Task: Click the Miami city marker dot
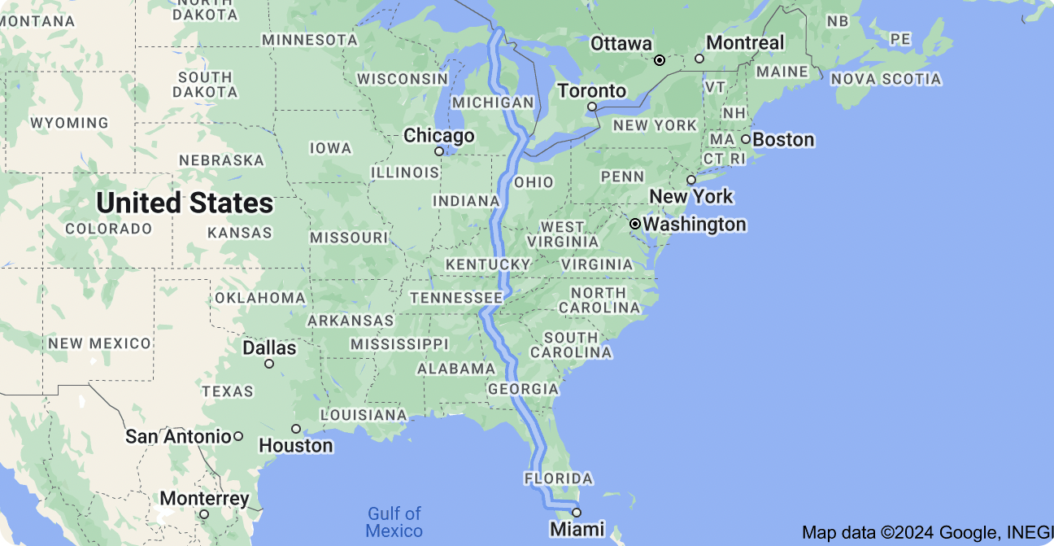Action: click(x=577, y=513)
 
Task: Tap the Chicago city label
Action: click(x=439, y=136)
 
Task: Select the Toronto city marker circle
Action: click(x=592, y=107)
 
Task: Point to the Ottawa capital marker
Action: click(x=660, y=60)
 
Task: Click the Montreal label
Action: click(x=745, y=43)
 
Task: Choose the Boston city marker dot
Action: click(x=745, y=139)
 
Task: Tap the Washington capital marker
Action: click(x=635, y=224)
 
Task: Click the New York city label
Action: click(x=691, y=197)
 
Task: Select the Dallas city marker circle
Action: click(x=269, y=364)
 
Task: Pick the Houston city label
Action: click(x=296, y=446)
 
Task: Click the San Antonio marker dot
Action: click(x=238, y=436)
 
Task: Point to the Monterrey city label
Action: click(x=204, y=499)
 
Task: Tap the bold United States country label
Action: click(x=185, y=203)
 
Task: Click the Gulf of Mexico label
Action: click(x=394, y=522)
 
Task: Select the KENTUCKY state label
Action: click(x=488, y=265)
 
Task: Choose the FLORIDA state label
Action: click(x=558, y=478)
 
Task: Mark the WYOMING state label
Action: click(x=69, y=124)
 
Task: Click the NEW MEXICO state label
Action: click(x=99, y=343)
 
